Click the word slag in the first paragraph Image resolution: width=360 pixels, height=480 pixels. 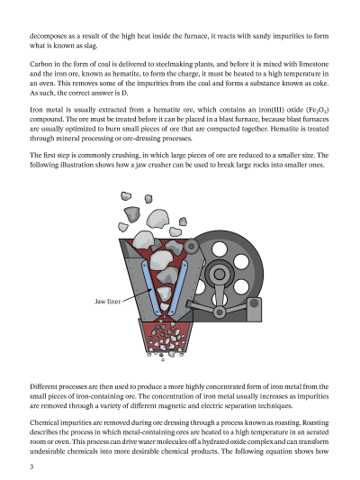(x=91, y=46)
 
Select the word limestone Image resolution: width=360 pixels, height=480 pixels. (x=314, y=64)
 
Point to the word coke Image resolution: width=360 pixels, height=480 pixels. (x=320, y=83)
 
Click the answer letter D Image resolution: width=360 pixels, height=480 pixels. (x=124, y=93)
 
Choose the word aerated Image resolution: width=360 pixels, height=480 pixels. (x=317, y=432)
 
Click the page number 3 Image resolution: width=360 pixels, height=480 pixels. (x=31, y=466)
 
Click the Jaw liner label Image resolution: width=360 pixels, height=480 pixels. (x=107, y=302)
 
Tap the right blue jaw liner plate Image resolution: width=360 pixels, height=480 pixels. (x=177, y=288)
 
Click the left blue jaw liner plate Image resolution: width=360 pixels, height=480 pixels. (x=152, y=288)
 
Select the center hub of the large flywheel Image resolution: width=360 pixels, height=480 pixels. (x=219, y=274)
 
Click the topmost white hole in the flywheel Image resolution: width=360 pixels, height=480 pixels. (x=220, y=249)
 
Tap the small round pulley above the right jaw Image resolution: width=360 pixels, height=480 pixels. (x=191, y=246)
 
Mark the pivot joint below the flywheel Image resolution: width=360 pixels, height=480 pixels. (x=219, y=312)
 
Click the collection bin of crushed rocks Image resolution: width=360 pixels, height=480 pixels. (x=166, y=336)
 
